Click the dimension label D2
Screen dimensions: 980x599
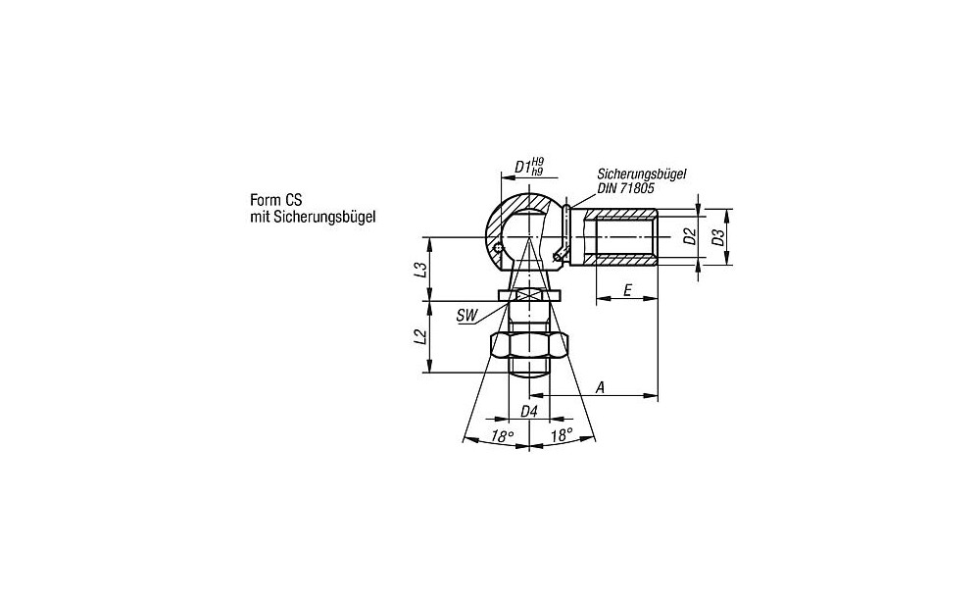[689, 236]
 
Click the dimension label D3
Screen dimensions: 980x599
[718, 237]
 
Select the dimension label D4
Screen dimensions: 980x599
[529, 411]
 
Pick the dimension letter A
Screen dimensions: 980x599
[600, 387]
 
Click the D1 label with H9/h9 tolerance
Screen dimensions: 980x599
[529, 167]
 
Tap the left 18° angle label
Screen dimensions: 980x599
[503, 436]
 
